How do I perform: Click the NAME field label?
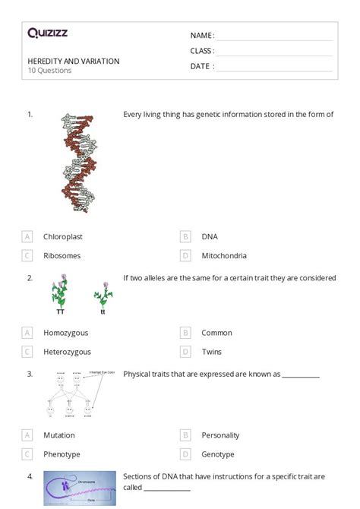click(201, 36)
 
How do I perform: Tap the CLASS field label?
click(202, 51)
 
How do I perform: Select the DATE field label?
click(201, 66)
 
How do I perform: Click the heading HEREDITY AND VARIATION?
click(73, 61)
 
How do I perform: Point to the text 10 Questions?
click(49, 71)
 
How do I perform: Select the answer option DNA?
click(210, 236)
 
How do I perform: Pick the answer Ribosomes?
click(62, 256)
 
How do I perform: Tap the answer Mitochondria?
click(223, 256)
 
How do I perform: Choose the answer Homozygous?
click(65, 333)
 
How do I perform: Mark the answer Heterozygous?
click(67, 352)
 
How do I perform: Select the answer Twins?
click(211, 352)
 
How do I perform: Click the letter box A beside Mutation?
click(27, 435)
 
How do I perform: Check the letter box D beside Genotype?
click(185, 454)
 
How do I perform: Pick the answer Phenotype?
click(62, 454)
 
